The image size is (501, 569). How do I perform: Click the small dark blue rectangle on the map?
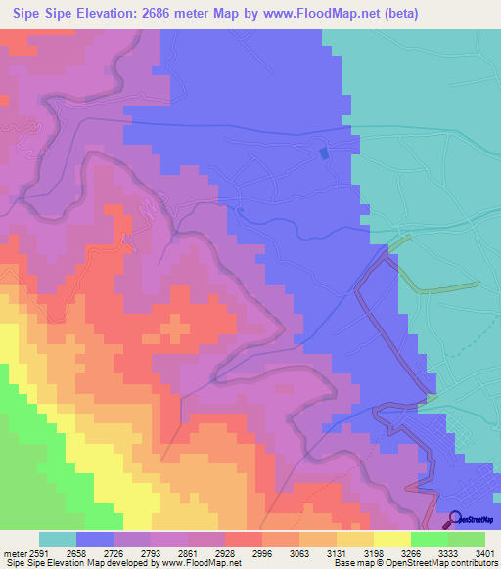point(324,152)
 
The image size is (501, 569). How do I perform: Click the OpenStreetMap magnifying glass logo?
point(456,518)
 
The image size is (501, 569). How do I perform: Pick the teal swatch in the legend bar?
point(58,539)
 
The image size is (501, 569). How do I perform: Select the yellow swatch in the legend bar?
point(391,539)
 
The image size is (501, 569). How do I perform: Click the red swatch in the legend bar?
point(244,539)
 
